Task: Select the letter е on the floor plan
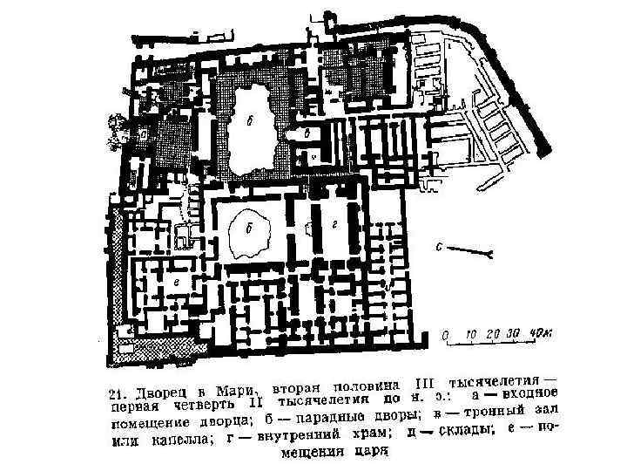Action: click(x=175, y=283)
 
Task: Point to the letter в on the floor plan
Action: click(x=308, y=133)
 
